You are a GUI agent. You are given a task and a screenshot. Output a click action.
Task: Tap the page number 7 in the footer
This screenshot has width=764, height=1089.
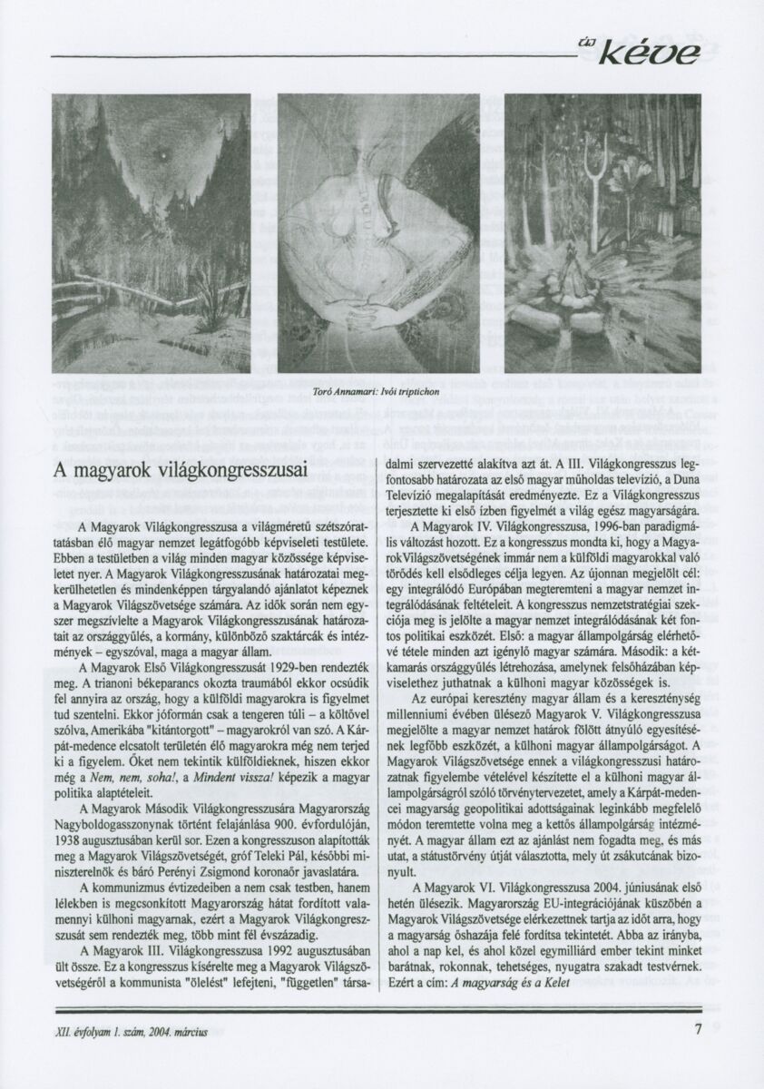point(698,1029)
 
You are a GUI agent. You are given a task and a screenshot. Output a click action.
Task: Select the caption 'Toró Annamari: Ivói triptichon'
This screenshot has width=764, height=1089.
point(376,391)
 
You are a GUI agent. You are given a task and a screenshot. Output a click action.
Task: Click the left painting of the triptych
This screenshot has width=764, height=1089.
point(151,232)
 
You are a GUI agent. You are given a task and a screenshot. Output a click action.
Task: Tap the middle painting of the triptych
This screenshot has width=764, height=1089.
point(377,232)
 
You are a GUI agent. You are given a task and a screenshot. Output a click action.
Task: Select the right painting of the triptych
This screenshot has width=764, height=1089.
point(602,232)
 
